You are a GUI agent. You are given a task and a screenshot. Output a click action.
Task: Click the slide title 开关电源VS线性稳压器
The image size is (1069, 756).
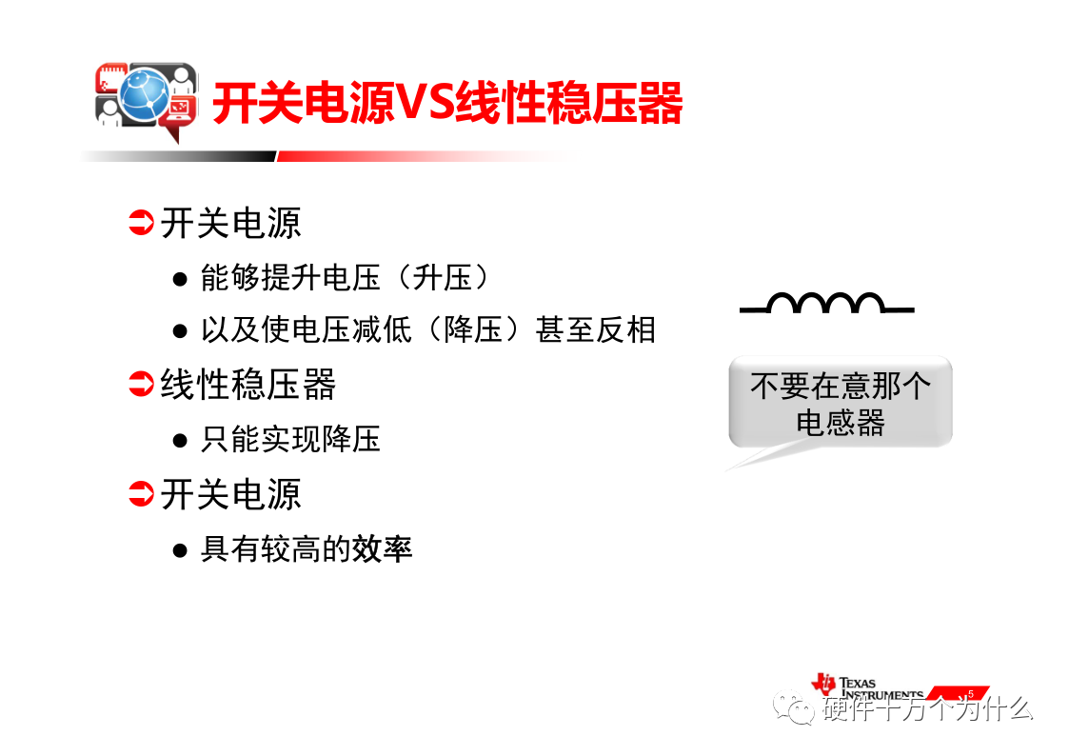pos(448,103)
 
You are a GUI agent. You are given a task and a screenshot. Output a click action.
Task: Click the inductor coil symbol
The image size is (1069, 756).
pos(826,303)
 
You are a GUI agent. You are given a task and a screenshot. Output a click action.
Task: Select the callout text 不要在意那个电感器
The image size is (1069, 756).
pos(840,404)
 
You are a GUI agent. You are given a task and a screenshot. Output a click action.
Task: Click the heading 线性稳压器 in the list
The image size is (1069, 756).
pos(248,385)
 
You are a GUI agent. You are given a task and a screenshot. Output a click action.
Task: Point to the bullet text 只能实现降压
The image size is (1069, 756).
pos(290,439)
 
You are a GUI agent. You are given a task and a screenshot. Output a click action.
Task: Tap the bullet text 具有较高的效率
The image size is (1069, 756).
pos(307,549)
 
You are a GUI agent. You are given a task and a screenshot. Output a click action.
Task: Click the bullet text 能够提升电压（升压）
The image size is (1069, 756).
pos(346,277)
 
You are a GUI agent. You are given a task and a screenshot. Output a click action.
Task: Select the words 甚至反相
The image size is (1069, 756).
pos(595,330)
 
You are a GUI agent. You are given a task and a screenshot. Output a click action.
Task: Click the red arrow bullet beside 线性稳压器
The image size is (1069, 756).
pos(141,384)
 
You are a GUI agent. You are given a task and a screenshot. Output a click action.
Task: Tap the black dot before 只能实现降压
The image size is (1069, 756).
pos(180,441)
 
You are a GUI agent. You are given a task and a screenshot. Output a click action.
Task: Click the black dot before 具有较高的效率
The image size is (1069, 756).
pos(180,550)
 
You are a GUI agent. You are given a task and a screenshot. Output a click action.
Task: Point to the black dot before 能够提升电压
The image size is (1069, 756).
pos(180,280)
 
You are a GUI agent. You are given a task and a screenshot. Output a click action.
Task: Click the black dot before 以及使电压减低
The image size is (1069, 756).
pos(180,332)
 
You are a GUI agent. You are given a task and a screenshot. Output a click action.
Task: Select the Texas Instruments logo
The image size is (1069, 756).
pos(867,686)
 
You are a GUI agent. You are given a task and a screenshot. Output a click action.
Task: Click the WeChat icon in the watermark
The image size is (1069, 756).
pos(794,707)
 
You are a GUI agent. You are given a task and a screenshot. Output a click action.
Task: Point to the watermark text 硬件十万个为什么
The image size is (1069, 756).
pos(927,709)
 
